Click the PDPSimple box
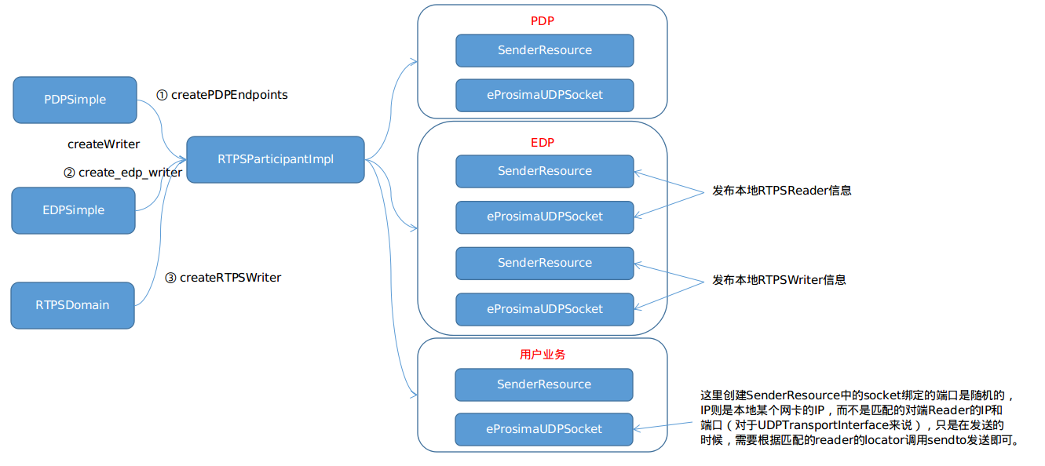tap(75, 100)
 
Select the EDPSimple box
tap(73, 210)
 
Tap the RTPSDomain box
tap(72, 305)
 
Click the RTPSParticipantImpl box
tap(276, 159)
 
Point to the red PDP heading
tap(542, 20)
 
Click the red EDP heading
tap(542, 142)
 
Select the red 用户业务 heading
tap(542, 354)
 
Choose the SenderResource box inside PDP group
tap(544, 50)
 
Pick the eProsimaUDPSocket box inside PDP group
tap(544, 95)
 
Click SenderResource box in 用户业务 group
tap(543, 384)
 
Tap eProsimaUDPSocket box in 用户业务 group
tap(543, 429)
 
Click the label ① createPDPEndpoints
tap(222, 95)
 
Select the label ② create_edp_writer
tap(123, 173)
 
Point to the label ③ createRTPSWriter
tap(223, 278)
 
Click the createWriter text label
tap(104, 144)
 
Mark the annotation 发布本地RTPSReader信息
tap(781, 190)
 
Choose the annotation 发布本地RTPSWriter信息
tap(779, 280)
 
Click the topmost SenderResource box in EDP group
tap(544, 171)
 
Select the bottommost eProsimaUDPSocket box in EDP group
tap(544, 309)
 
